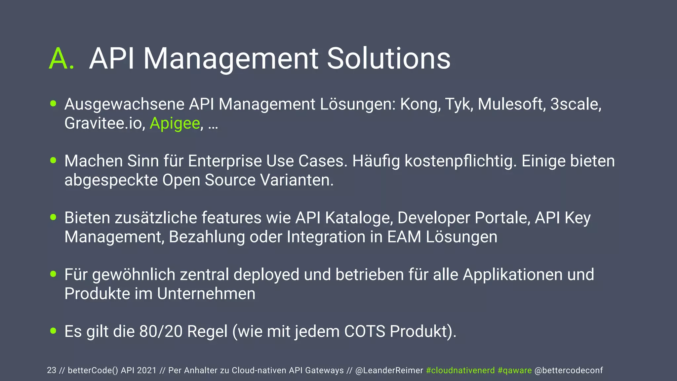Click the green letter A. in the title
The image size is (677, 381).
coord(61,59)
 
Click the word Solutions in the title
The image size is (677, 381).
coord(388,59)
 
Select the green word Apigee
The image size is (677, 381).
coord(175,124)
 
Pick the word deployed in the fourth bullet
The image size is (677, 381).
coord(266,275)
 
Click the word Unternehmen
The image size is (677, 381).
coord(206,294)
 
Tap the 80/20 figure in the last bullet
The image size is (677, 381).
coord(161,332)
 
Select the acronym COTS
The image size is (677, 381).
coord(365,332)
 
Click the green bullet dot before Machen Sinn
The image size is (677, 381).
coord(53,160)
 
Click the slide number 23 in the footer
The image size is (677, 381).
coord(52,370)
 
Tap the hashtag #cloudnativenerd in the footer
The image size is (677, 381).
coord(460,370)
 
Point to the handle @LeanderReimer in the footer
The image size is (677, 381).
coord(389,370)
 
